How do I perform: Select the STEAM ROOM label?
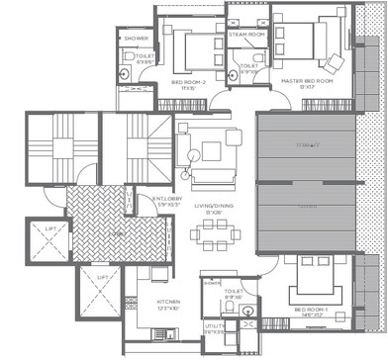245,35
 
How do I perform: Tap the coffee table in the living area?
211,151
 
